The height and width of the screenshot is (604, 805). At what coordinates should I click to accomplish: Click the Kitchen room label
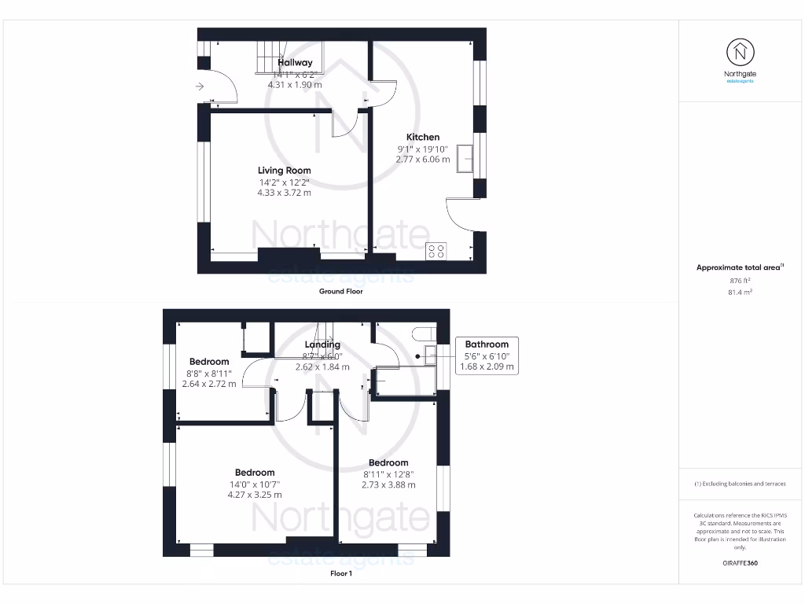point(422,137)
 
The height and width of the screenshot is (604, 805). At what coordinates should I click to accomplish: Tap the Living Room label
point(285,170)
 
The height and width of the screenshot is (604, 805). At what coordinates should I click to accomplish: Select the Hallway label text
point(295,62)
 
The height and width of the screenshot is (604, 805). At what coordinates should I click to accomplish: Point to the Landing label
point(322,344)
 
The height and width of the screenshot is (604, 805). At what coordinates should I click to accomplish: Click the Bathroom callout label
point(487,344)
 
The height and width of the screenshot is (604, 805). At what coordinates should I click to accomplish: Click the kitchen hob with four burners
point(435,252)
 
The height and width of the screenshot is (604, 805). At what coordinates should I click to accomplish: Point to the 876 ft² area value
point(740,280)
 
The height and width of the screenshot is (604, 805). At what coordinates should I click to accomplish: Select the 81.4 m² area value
point(740,292)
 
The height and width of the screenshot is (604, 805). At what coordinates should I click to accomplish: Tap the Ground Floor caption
point(340,291)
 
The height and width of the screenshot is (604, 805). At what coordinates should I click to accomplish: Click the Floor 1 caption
point(340,573)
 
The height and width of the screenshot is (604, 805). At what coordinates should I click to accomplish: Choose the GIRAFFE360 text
point(740,563)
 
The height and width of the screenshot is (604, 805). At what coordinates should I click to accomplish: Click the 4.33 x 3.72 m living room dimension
point(285,192)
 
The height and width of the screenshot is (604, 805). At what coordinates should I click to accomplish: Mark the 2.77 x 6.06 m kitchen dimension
point(422,159)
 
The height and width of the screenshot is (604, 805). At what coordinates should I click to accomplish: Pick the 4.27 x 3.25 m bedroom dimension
point(254,495)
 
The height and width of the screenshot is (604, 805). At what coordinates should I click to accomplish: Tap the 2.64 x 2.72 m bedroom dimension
point(208,384)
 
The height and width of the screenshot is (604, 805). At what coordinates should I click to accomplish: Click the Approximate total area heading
point(739,267)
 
